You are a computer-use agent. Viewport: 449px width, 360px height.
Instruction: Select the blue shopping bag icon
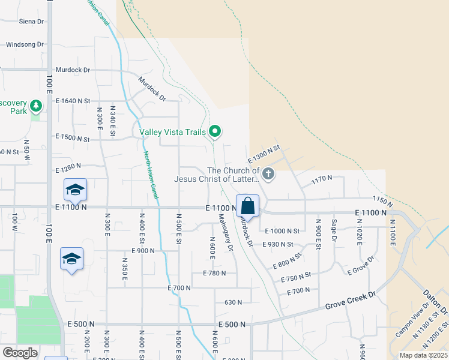point(247,206)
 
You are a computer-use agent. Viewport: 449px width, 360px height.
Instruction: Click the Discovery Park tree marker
point(36,106)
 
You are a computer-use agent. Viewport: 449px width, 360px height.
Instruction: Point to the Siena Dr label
point(32,21)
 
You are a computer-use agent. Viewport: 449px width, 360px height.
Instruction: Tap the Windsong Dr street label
point(25,44)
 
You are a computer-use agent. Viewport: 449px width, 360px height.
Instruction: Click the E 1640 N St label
point(73,101)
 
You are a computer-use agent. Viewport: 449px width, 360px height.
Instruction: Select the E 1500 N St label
point(73,139)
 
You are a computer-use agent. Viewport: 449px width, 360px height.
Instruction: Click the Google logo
point(20,353)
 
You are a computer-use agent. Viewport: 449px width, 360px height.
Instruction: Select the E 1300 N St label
point(264,155)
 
